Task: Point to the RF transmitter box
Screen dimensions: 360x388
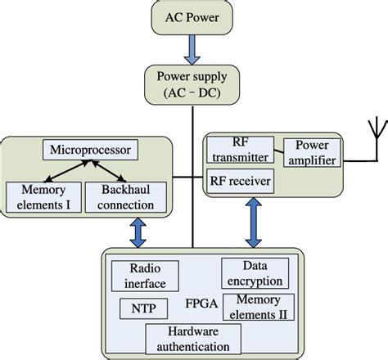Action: pyautogui.click(x=241, y=150)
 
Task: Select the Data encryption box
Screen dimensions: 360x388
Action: pyautogui.click(x=255, y=273)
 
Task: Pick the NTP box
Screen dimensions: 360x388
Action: pyautogui.click(x=143, y=308)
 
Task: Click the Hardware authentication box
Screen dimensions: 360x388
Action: pyautogui.click(x=193, y=337)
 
